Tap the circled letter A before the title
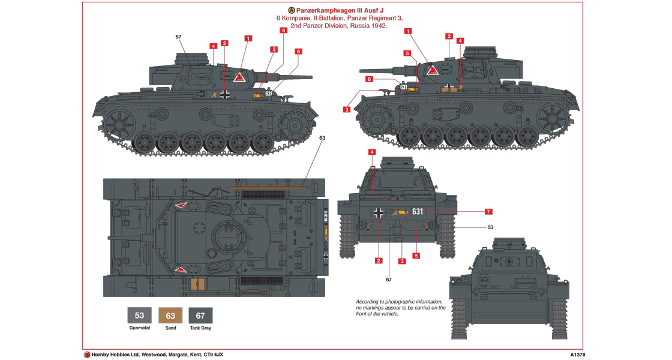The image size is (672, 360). point(292,10)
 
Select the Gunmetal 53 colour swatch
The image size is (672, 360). point(139,316)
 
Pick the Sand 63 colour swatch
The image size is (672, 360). point(170,316)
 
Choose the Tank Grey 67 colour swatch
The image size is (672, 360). point(200,316)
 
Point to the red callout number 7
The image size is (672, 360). point(488,211)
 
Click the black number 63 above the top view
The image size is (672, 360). point(322,138)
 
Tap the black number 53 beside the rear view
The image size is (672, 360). point(490,227)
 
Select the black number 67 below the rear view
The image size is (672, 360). point(388,280)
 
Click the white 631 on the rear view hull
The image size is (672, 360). point(418,211)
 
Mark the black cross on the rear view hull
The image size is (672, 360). point(379,212)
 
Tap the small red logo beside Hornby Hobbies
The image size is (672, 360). point(87,355)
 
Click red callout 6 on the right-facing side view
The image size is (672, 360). point(298,52)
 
